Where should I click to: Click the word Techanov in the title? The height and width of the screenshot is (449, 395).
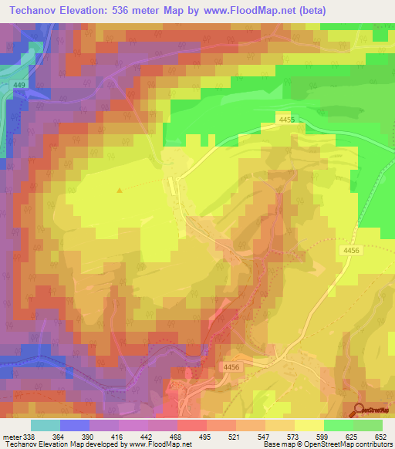point(36,11)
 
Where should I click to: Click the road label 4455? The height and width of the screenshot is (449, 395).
point(288,118)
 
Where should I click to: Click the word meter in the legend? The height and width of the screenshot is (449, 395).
point(12,437)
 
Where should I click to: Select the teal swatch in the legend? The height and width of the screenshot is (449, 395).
point(46,425)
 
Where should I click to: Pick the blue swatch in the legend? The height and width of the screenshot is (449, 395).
point(75,425)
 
